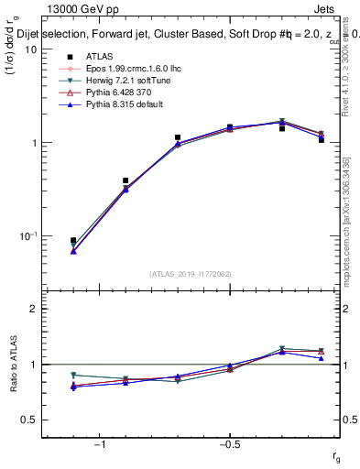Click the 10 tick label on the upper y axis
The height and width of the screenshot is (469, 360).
31,49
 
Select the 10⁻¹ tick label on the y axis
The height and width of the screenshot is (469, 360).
27,235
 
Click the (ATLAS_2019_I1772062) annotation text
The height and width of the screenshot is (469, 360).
191,274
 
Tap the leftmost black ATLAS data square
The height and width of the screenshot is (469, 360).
73,241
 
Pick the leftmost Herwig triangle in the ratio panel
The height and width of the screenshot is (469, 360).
73,376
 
